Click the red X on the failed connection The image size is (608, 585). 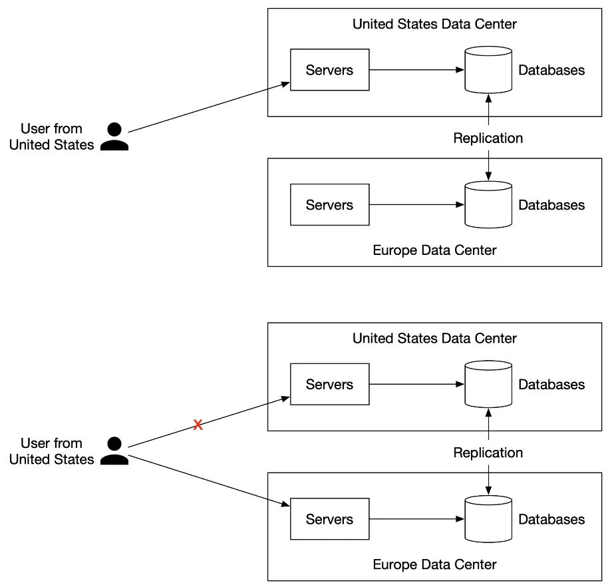[198, 425]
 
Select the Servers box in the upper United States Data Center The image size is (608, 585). [329, 70]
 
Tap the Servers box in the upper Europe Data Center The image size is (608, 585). [329, 204]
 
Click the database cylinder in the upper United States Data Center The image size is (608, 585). [488, 70]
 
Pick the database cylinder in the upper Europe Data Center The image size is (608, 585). [488, 204]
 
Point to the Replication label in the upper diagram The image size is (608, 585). [488, 138]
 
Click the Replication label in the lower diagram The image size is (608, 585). [488, 453]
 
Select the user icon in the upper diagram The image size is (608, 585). [114, 136]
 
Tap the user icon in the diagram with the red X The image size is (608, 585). [114, 451]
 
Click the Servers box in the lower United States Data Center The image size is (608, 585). [329, 384]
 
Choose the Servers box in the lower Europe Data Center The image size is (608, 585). [329, 518]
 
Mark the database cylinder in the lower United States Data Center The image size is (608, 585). [488, 384]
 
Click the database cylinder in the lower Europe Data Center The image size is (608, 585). [488, 518]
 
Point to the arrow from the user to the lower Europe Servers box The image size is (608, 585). [209, 481]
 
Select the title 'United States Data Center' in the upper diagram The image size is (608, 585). [434, 24]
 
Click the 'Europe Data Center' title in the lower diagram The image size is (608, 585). [434, 564]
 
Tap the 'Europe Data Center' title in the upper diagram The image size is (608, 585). [434, 250]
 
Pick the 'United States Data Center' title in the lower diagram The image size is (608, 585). [434, 338]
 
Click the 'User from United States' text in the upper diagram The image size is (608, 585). [52, 136]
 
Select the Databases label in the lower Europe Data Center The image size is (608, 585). [551, 519]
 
